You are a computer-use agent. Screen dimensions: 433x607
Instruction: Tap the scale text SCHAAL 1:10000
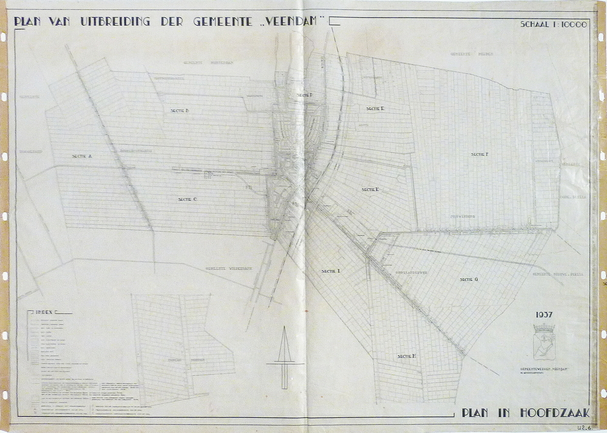tap(553, 25)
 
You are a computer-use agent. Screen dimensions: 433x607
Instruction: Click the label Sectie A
tap(81, 156)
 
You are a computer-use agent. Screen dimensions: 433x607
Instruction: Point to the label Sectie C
tap(187, 199)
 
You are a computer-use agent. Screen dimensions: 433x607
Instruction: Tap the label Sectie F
tap(479, 154)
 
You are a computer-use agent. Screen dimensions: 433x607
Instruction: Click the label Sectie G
tap(469, 279)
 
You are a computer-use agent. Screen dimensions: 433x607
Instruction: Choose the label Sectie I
tap(331, 271)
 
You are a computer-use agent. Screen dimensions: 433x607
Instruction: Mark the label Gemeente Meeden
tap(471, 54)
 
